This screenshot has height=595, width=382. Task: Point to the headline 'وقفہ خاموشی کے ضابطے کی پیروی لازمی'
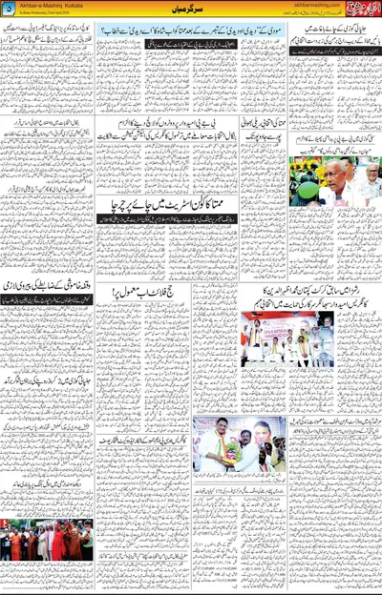48,285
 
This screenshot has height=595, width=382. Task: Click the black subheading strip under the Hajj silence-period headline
48,298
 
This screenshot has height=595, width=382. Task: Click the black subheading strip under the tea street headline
191,217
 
